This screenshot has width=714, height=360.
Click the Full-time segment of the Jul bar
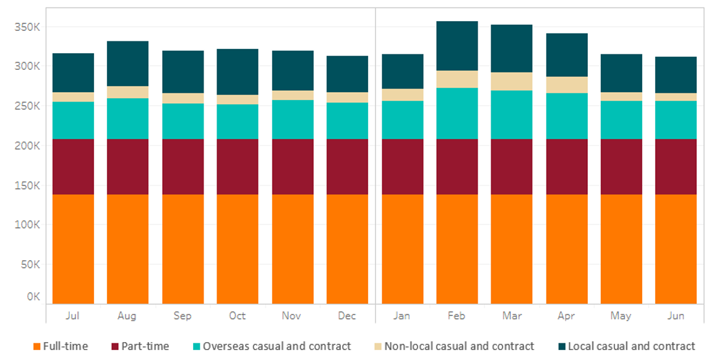coord(73,249)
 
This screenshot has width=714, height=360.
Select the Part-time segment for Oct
coord(237,166)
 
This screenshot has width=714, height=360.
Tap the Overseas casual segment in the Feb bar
coord(457,113)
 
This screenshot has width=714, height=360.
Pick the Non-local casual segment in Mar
coord(512,81)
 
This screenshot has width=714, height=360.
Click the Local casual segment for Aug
coord(127,63)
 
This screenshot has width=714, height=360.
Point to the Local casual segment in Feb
coord(457,46)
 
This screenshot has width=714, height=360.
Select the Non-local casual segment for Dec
coord(347,97)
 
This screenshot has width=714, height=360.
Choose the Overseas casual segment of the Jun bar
coord(676,119)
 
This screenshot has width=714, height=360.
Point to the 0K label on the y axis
coord(33,297)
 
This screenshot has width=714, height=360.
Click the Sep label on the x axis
coord(183,316)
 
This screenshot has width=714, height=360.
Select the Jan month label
coord(402,316)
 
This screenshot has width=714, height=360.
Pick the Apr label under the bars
coord(566,316)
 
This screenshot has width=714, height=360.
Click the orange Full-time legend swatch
coord(37,346)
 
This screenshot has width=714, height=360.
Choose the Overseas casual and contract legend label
coord(277,346)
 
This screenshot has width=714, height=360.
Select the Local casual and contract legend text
coord(631,346)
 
